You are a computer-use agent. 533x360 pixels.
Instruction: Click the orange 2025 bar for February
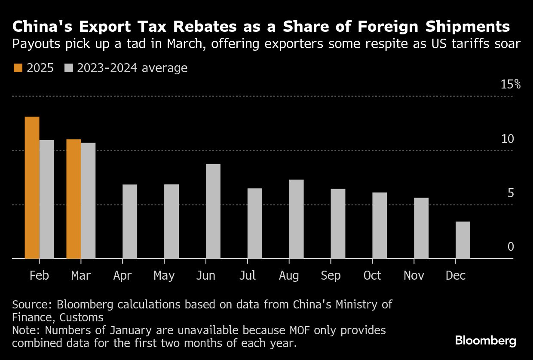(32, 188)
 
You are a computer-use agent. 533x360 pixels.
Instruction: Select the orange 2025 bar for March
(74, 199)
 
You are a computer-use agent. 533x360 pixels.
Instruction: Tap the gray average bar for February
(47, 199)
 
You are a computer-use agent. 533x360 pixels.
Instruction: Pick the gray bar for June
(213, 211)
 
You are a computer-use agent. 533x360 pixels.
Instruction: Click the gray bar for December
(463, 240)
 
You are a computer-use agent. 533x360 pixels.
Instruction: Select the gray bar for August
(297, 219)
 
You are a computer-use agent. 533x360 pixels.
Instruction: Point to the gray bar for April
(130, 222)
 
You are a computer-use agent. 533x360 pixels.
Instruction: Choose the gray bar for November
(421, 228)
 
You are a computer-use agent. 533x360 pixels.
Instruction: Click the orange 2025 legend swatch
(18, 68)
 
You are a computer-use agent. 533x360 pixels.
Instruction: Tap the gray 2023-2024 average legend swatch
(68, 68)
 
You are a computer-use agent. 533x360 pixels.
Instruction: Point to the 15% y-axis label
(511, 84)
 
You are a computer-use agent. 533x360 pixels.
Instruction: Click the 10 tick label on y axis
(508, 139)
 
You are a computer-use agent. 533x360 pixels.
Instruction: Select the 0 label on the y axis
(511, 247)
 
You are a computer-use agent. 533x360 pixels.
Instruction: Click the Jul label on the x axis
(247, 275)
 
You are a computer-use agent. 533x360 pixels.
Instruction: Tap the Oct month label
(372, 275)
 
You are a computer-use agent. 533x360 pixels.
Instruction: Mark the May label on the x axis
(164, 275)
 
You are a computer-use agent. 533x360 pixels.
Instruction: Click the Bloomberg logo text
(486, 341)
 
